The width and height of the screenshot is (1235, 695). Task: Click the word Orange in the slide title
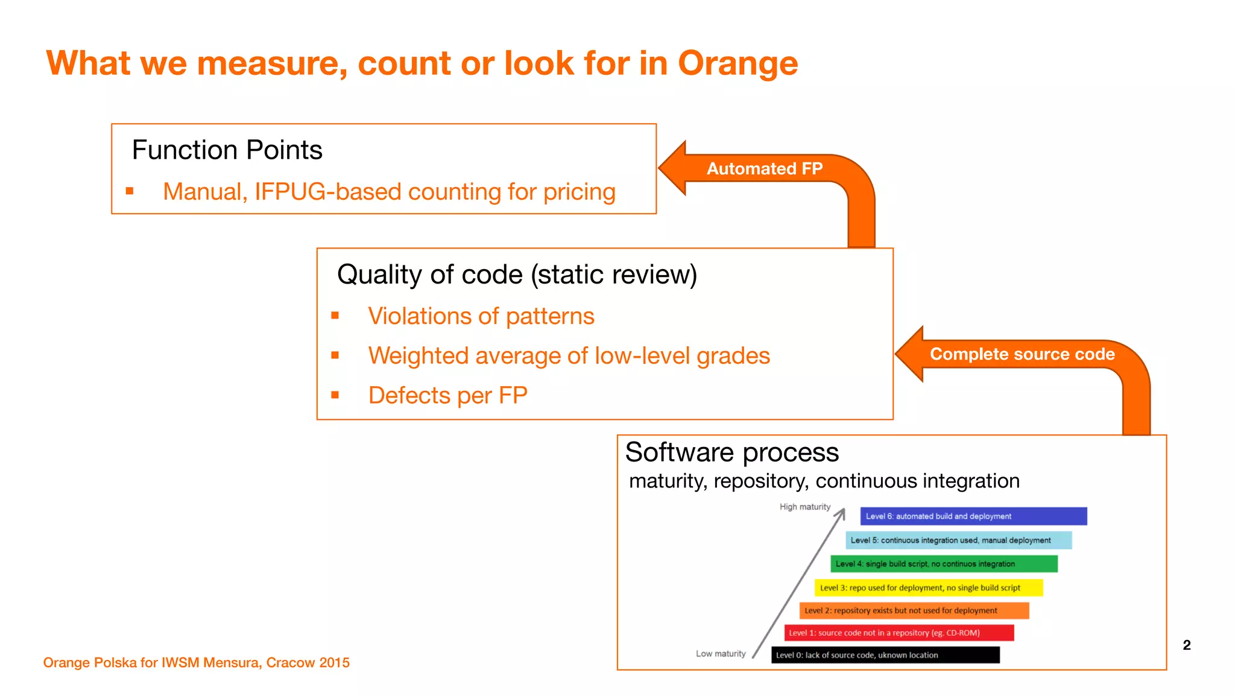(x=738, y=63)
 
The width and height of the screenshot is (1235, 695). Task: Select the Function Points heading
(x=227, y=150)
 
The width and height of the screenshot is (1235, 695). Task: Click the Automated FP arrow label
(x=764, y=168)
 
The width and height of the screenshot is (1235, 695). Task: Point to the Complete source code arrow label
(x=1022, y=354)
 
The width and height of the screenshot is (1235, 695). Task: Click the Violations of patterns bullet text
(x=481, y=316)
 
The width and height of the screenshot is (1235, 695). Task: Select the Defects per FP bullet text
(x=447, y=396)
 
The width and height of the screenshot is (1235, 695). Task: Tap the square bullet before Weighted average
(x=335, y=355)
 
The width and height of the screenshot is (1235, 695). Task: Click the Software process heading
(x=731, y=452)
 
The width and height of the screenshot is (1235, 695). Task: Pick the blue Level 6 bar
(x=973, y=516)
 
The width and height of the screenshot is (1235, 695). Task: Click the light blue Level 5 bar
(x=958, y=540)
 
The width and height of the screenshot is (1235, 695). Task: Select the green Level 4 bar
(x=944, y=564)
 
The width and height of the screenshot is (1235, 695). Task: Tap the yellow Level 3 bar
(x=928, y=588)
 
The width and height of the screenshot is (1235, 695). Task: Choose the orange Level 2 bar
(x=914, y=611)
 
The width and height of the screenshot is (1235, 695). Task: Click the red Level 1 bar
(x=899, y=633)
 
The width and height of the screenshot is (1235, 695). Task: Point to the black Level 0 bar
(x=885, y=655)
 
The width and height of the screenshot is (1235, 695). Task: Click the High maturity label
(x=804, y=507)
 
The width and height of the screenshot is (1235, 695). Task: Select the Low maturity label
(x=721, y=653)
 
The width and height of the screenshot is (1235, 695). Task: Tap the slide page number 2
(x=1186, y=645)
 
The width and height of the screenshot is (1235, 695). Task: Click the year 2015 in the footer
(x=334, y=662)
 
